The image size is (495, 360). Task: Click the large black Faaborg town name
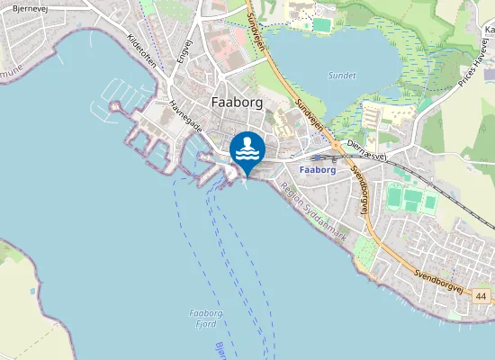coord(237,102)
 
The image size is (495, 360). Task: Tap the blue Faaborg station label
coord(316,169)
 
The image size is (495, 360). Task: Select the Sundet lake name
coord(342,76)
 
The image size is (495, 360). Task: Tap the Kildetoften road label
coord(142,55)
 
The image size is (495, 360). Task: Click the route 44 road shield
coord(482,296)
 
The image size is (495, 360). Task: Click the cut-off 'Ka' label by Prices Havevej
coord(489,29)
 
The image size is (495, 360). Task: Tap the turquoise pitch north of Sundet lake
coord(321,23)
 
